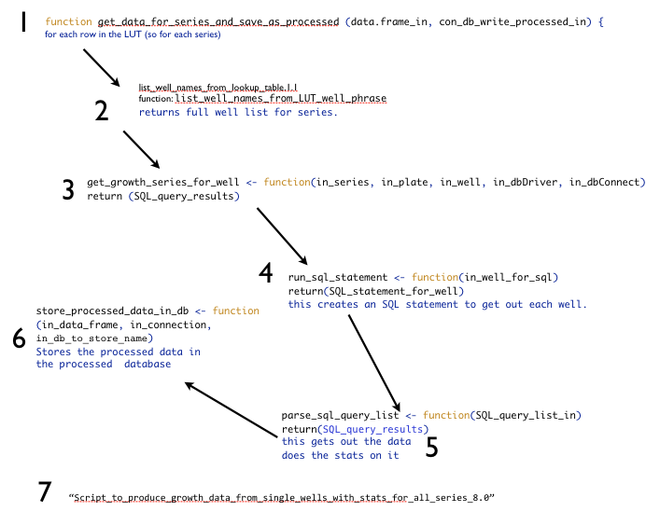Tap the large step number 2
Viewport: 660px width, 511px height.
[102, 112]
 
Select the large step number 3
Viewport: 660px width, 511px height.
[68, 190]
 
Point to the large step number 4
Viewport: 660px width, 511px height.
[266, 272]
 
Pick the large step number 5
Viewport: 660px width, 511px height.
[431, 447]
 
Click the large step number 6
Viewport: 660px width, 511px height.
[19, 339]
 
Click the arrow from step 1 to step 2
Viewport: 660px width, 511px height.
[103, 68]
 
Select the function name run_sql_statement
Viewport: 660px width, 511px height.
[337, 277]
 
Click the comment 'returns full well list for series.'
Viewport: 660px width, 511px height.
[238, 112]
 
